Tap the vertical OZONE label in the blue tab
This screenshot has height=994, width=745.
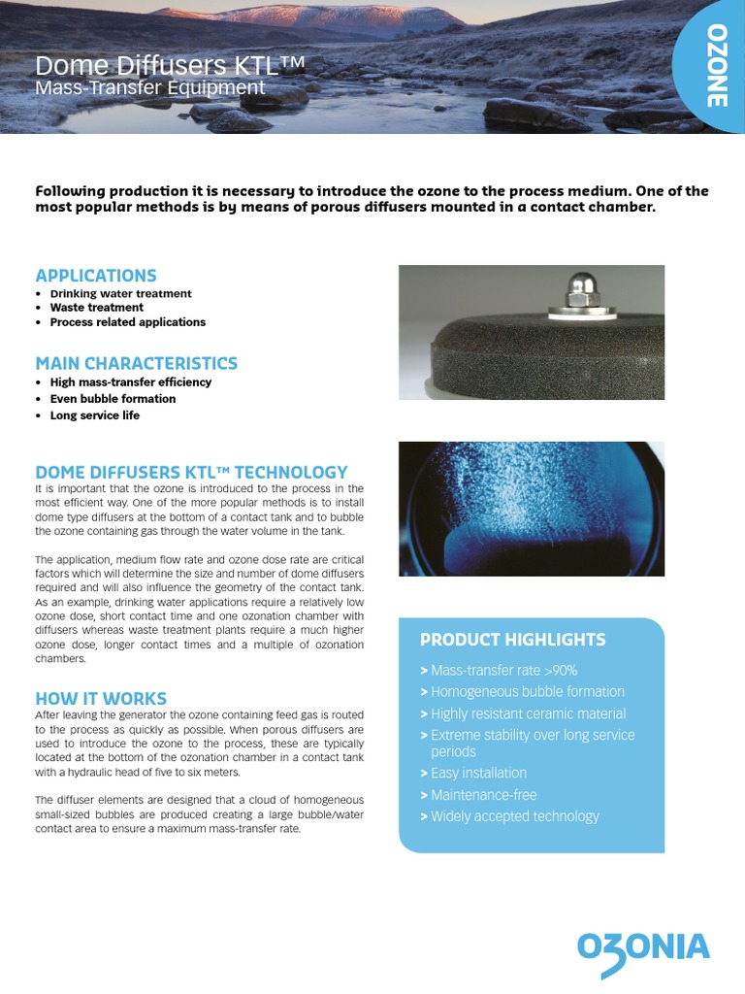click(x=714, y=66)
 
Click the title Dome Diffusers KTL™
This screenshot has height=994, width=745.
click(x=171, y=66)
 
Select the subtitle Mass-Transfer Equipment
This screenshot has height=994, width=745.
click(x=149, y=88)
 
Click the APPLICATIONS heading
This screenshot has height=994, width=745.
click(x=96, y=276)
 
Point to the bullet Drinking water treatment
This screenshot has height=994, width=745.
click(x=120, y=294)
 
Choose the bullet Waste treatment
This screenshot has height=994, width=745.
click(x=96, y=308)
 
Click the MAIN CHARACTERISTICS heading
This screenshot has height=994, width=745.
click(x=136, y=363)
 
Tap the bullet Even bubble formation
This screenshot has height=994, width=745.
click(x=113, y=399)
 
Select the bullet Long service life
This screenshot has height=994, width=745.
click(x=94, y=415)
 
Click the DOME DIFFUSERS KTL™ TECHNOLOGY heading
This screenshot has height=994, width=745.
click(x=191, y=472)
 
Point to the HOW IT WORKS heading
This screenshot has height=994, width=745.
click(x=101, y=698)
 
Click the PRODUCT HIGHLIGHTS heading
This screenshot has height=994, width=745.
click(x=512, y=640)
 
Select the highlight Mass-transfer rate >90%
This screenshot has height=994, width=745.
click(x=503, y=671)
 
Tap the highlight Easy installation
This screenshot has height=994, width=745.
click(x=478, y=773)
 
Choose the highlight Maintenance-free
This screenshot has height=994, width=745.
click(x=483, y=795)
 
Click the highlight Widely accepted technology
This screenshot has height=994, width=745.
click(x=514, y=816)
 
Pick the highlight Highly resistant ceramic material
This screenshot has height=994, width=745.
click(x=528, y=713)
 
